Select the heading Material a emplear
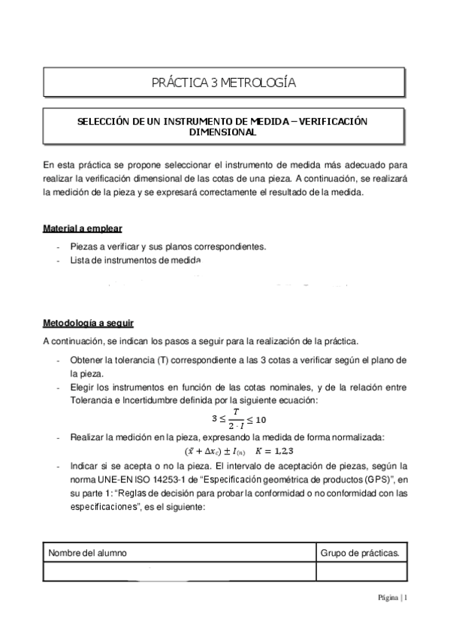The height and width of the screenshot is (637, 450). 83,228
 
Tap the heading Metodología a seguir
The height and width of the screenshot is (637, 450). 88,324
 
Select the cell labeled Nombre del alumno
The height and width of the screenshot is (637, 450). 87,552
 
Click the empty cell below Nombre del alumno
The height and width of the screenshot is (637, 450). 179,572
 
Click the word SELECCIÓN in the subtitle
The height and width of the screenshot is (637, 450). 104,120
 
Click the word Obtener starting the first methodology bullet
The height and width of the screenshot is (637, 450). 88,360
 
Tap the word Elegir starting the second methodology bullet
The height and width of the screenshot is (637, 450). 83,388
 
